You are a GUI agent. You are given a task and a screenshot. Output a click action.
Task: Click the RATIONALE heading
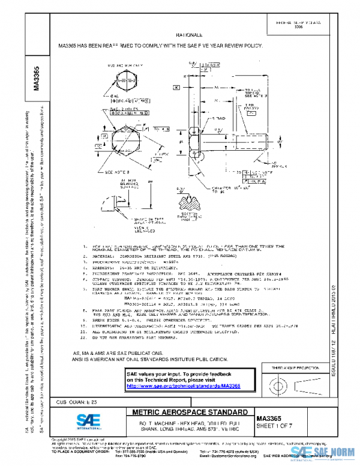(x=191, y=36)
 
